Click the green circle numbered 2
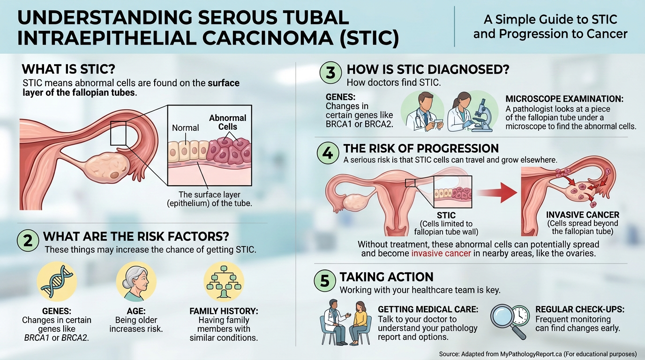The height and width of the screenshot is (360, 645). [x=28, y=241]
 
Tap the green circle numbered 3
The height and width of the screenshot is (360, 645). [x=331, y=72]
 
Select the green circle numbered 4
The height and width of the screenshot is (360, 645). [x=328, y=153]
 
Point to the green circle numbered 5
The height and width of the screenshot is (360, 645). [x=325, y=280]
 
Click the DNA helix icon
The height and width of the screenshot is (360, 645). [x=57, y=282]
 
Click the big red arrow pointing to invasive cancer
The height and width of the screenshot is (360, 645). [x=497, y=192]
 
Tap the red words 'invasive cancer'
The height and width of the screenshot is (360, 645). [x=441, y=254]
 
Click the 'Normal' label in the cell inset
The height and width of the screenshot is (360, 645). [x=186, y=128]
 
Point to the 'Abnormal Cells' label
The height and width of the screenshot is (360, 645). [x=227, y=122]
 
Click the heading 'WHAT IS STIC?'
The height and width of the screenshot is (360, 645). [x=68, y=69]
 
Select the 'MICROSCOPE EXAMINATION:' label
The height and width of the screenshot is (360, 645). [x=564, y=99]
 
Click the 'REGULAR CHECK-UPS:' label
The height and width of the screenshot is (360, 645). [x=580, y=309]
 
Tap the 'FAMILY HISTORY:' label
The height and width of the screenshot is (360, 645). [x=224, y=311]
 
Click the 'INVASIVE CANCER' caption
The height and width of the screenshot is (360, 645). [x=583, y=215]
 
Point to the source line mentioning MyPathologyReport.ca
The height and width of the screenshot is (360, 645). [x=538, y=354]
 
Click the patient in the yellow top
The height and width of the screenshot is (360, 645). [x=359, y=322]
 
